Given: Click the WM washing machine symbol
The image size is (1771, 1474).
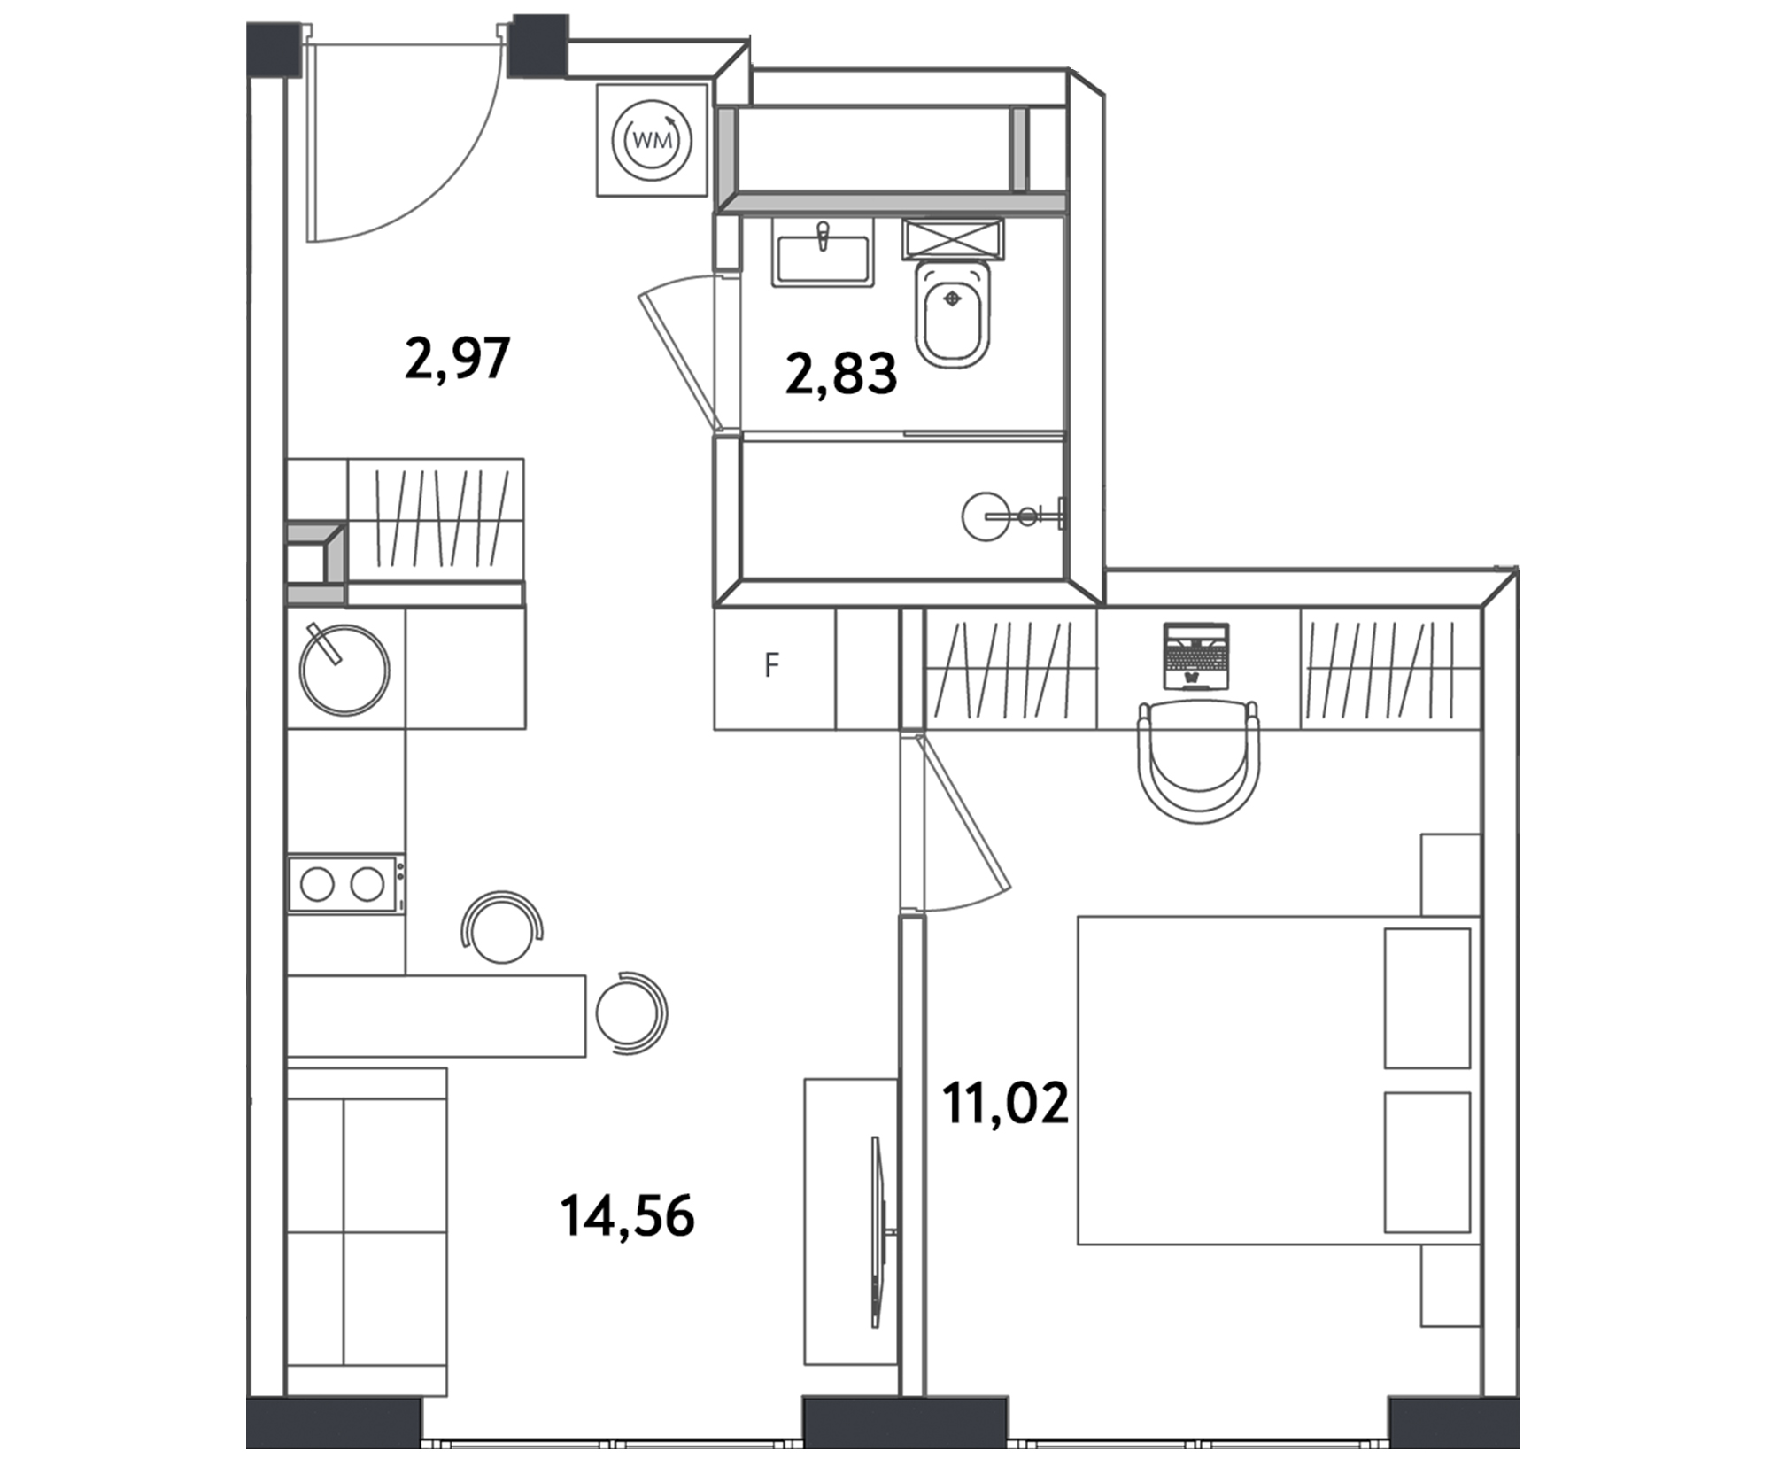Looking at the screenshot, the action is [653, 140].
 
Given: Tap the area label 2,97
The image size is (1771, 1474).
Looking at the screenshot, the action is [457, 359].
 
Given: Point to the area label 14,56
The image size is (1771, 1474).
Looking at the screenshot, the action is [627, 1215].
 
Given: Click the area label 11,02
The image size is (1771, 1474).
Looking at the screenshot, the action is [1005, 1104].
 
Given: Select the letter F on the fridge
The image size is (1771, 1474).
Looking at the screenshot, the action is [772, 664].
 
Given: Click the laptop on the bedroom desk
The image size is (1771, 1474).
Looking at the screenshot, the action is [1196, 656].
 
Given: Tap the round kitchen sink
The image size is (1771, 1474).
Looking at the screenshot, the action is [344, 669].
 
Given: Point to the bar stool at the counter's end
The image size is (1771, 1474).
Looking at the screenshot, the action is [630, 1012].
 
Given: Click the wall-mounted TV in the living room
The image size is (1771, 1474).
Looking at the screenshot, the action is [878, 1233].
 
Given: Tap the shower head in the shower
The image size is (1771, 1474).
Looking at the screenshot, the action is [985, 516].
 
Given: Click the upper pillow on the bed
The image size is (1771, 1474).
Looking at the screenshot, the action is [1427, 998].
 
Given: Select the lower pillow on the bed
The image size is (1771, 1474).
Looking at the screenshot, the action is [1427, 1162].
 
